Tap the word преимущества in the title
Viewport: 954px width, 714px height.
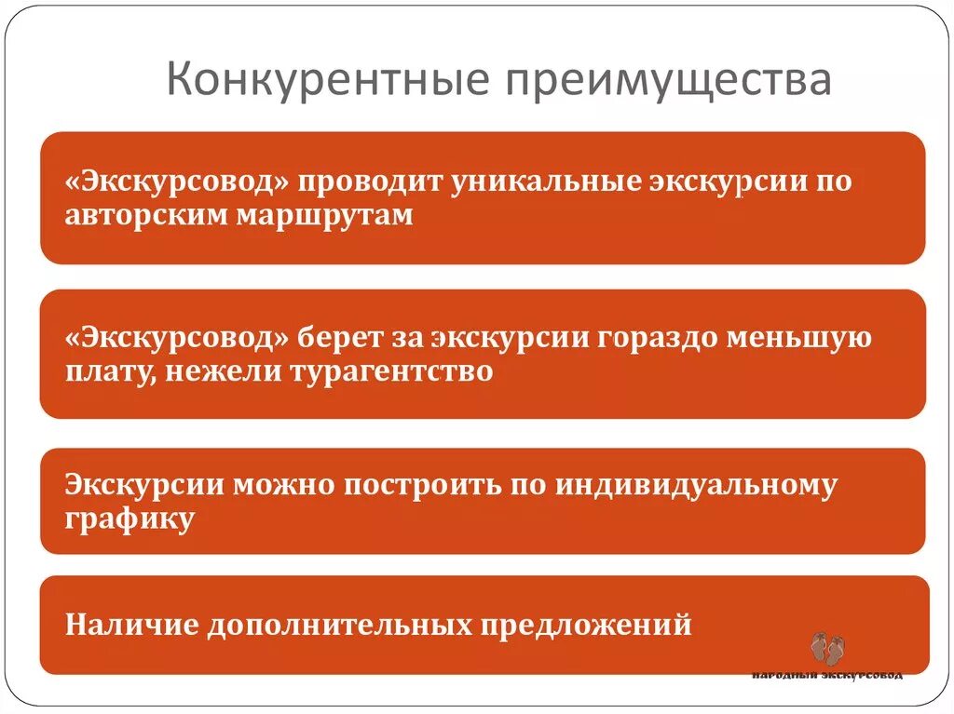[x=669, y=81]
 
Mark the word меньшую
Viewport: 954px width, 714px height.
[x=813, y=337]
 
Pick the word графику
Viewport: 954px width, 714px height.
[x=130, y=519]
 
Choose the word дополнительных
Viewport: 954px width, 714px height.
[x=337, y=625]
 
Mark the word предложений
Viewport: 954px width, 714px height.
[x=586, y=625]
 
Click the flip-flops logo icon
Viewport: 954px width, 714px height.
[x=826, y=649]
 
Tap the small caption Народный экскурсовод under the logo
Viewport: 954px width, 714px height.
[x=827, y=675]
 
